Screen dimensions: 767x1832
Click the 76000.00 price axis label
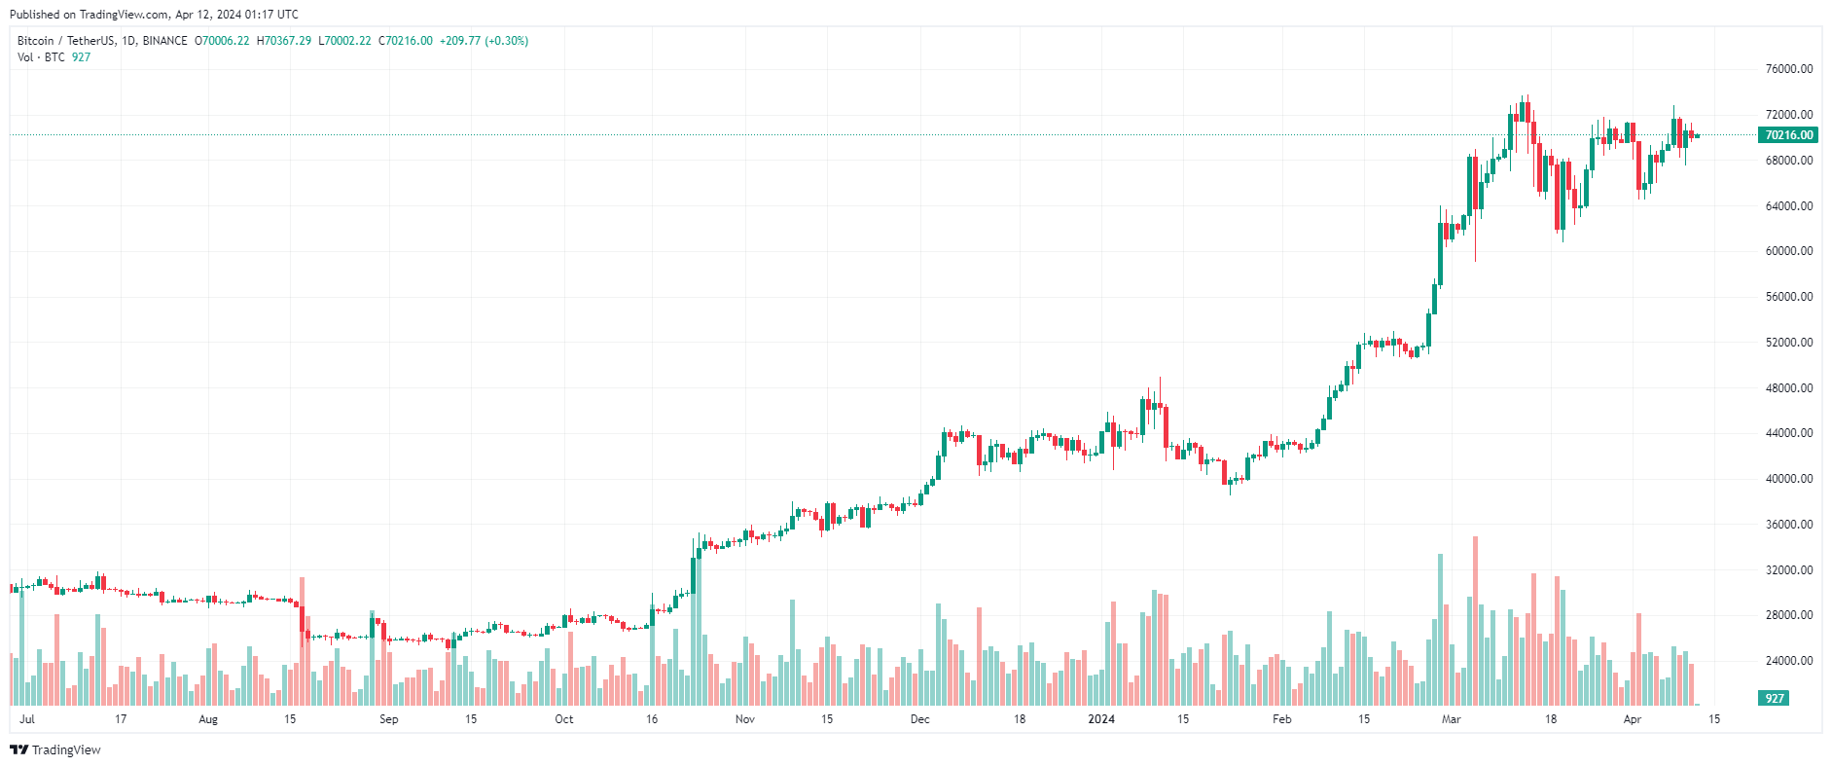1788,69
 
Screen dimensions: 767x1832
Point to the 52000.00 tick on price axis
1788,343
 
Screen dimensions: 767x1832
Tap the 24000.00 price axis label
1788,661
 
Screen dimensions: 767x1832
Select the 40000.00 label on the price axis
1788,479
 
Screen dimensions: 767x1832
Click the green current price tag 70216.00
1788,135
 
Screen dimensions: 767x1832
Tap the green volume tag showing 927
1775,699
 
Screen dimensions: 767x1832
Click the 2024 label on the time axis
1100,719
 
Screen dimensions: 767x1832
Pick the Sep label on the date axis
388,719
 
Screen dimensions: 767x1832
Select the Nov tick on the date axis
744,719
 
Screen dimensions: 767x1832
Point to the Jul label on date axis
27,719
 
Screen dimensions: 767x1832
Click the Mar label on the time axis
1451,719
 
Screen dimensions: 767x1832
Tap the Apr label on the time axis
1632,719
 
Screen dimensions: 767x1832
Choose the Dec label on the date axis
919,719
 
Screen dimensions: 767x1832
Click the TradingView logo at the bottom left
55,749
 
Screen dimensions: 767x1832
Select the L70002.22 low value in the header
344,41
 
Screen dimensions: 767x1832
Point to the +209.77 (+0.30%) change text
484,41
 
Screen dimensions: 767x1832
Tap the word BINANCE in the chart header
164,41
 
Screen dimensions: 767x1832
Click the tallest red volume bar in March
1475,623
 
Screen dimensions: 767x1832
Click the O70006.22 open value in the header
222,41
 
